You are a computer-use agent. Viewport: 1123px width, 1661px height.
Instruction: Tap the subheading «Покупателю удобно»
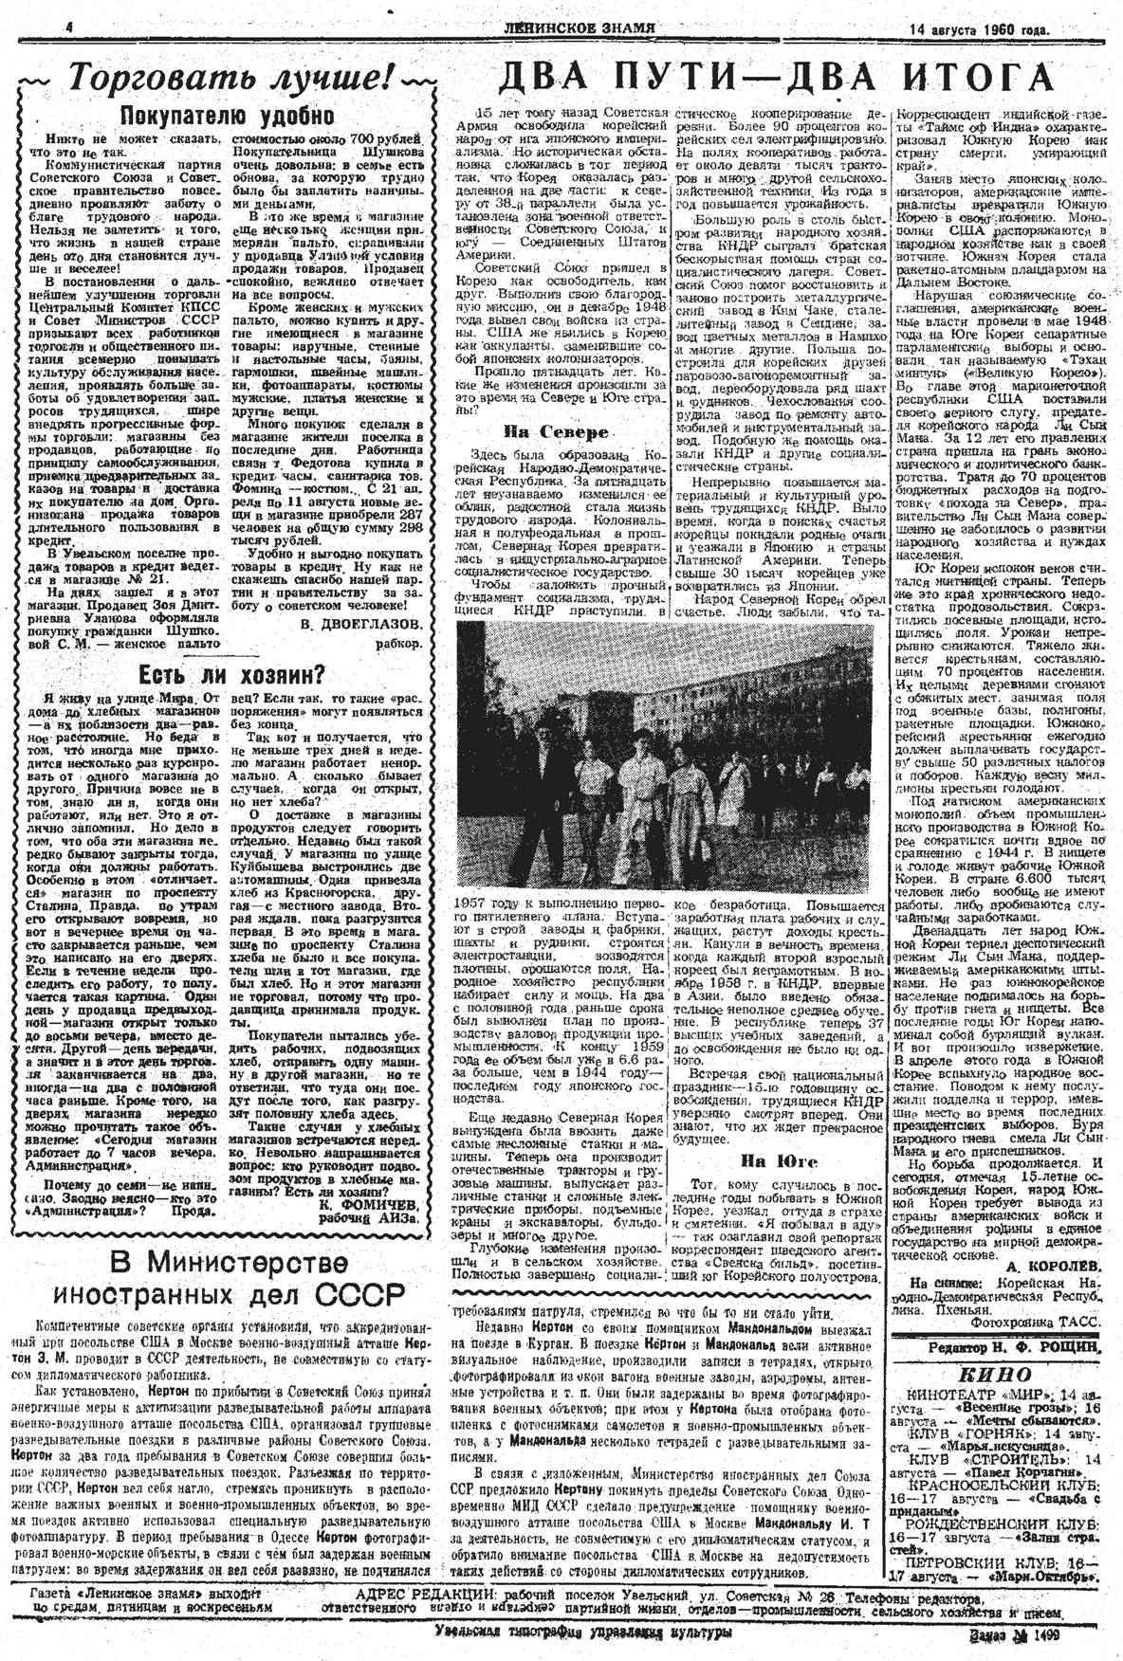coord(227,116)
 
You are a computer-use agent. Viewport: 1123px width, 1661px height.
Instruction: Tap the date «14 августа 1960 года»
coord(978,29)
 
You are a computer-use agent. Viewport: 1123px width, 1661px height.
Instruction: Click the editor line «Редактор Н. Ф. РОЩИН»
coord(1005,1347)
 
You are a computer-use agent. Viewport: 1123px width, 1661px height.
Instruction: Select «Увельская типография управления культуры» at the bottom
coord(583,1632)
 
